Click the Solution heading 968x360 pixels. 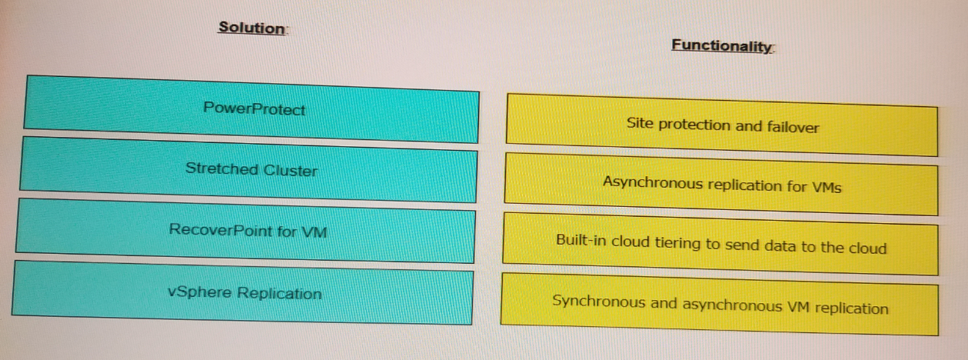[252, 28]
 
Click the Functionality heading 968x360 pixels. [722, 45]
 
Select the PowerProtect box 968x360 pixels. [251, 109]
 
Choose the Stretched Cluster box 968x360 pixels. [249, 169]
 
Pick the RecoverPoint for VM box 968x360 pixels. [246, 230]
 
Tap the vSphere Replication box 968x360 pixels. [242, 292]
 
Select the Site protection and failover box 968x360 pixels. [722, 125]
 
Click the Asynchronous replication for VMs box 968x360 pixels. [721, 184]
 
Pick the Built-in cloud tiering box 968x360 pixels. [720, 244]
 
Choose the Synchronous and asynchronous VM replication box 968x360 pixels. [720, 305]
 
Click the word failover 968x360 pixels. [793, 127]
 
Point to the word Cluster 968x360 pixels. [291, 171]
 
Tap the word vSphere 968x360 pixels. [200, 292]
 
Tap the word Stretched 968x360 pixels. [221, 168]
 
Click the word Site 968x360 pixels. [640, 123]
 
